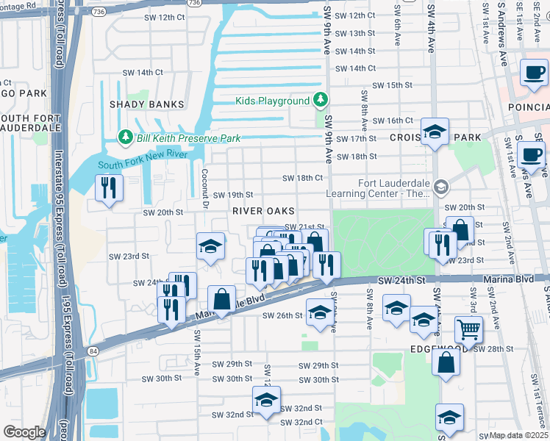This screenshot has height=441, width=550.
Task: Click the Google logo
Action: coord(24,432)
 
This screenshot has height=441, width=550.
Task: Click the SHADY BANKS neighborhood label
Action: coord(146,104)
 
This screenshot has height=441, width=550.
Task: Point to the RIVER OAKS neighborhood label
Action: coord(258,210)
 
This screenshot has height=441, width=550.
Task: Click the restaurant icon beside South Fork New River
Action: coord(109,189)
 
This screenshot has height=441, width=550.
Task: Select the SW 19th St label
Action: coord(233,195)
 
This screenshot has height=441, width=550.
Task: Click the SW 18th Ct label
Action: coord(303,178)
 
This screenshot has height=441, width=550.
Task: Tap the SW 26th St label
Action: coord(282,315)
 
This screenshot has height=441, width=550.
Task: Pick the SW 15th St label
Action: coord(392,85)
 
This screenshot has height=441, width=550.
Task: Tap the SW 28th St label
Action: coord(492,348)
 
